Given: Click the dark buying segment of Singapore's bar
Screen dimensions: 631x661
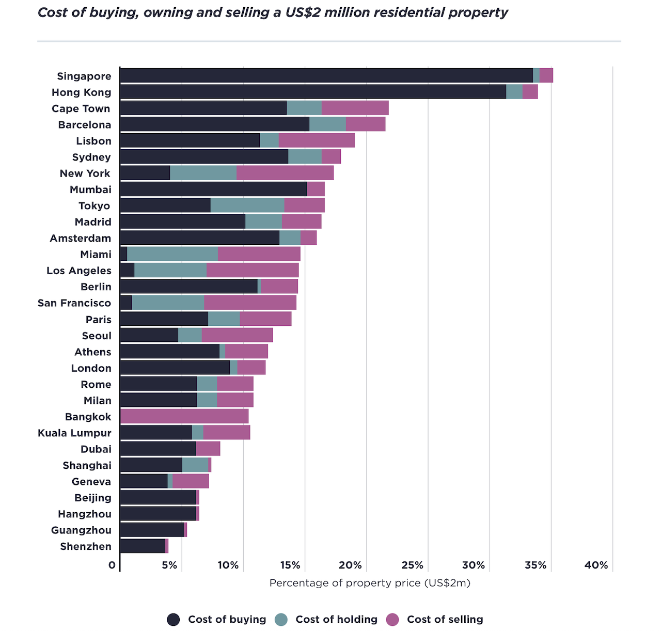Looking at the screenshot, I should point(326,75).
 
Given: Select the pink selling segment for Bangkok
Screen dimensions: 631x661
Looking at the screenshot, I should point(184,416).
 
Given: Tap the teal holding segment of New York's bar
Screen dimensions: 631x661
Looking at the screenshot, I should point(203,173).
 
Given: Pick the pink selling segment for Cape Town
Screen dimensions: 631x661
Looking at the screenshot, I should point(355,108).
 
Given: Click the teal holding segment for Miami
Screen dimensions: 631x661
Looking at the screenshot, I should point(172,254).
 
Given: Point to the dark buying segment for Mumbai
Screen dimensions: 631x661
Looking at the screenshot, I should point(213,189).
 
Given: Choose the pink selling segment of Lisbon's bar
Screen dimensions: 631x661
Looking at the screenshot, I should point(317,140).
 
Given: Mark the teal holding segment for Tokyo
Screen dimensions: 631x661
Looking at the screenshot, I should point(247,206).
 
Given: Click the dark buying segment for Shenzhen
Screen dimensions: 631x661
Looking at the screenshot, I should point(142,546).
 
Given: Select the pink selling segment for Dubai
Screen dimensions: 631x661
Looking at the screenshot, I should point(208,449).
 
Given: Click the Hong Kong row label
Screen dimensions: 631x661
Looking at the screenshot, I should point(81,92).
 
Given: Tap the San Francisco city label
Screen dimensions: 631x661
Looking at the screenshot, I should point(74,303).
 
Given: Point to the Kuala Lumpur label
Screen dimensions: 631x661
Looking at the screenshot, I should point(74,433).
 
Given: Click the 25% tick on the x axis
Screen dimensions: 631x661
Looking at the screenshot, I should point(413,565).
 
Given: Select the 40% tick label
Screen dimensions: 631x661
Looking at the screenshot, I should point(596,565).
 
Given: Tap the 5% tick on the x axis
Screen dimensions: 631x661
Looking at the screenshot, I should point(169,565).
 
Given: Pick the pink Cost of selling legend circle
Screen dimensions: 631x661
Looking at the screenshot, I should point(392,620).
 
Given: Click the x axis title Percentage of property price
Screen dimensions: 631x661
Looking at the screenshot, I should point(370,583).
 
